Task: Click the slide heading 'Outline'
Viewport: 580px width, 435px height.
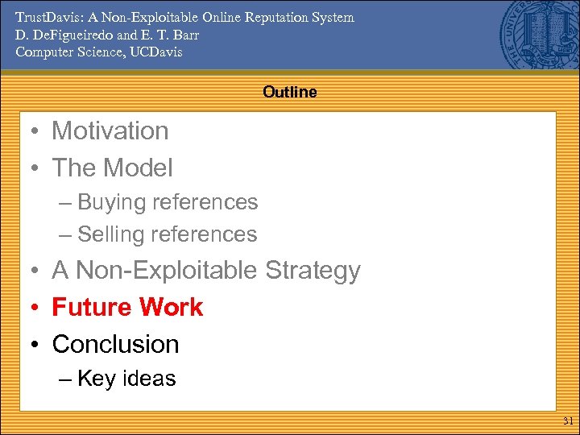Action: click(289, 93)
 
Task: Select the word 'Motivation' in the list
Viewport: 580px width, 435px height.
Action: click(110, 130)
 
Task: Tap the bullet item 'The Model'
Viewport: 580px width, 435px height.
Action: click(112, 168)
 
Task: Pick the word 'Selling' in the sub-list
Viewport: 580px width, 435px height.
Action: click(109, 234)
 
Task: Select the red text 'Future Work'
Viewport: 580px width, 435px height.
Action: click(127, 307)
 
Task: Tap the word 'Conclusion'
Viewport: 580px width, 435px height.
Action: click(115, 344)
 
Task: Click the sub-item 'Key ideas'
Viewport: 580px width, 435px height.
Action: click(126, 379)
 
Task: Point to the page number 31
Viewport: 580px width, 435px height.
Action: click(567, 421)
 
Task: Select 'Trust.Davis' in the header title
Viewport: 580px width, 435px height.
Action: click(47, 17)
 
